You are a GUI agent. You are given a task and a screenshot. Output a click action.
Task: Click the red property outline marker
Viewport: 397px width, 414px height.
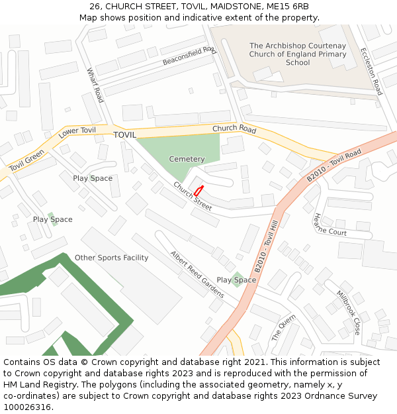198,191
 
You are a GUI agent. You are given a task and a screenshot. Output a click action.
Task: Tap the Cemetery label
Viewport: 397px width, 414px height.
187,159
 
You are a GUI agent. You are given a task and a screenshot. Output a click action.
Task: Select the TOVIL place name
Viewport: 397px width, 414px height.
124,134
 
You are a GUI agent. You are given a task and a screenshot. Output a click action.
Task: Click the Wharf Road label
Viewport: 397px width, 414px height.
95,85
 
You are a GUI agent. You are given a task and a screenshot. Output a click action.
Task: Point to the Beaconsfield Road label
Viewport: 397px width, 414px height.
189,56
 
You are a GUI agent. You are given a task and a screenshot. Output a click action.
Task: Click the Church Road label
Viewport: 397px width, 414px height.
234,129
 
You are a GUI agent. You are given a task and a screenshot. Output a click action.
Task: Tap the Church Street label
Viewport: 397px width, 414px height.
193,196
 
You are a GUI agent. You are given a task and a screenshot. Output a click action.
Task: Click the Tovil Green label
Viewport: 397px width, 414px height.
26,161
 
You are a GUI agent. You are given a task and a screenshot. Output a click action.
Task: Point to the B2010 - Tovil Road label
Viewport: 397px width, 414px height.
334,166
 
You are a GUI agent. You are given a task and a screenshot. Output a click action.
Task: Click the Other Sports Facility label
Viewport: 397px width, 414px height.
111,258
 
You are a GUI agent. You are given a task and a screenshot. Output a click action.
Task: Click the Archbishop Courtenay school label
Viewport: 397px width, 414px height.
298,54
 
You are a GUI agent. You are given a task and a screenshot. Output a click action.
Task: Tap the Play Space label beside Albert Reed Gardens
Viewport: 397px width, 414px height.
236,280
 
